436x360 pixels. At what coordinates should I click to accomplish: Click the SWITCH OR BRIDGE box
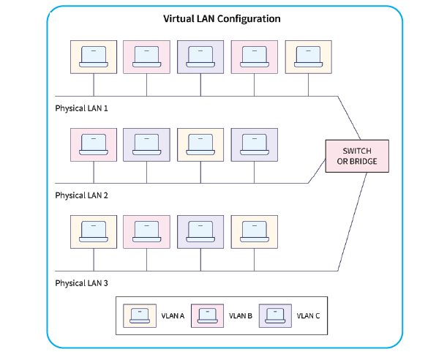(357, 156)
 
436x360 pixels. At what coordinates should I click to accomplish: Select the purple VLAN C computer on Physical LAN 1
(200, 57)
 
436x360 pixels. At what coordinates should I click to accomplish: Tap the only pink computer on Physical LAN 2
(94, 145)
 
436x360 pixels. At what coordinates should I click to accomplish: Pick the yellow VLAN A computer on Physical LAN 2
(200, 145)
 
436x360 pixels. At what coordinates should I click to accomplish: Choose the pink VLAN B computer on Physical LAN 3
(146, 232)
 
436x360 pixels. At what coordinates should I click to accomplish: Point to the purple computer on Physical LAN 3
(200, 232)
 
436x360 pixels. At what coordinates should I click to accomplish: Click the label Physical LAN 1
(81, 108)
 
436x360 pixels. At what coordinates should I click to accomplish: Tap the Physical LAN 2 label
(81, 195)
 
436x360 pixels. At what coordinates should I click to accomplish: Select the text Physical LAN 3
(81, 283)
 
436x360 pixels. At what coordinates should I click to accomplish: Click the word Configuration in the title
(249, 19)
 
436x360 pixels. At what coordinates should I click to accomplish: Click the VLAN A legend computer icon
(140, 316)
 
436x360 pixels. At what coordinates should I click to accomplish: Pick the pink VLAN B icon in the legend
(208, 316)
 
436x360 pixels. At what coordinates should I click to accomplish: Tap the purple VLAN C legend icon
(275, 316)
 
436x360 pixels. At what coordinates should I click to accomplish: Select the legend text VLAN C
(308, 316)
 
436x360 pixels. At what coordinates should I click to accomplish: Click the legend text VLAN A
(173, 316)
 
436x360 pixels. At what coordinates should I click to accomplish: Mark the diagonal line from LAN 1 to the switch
(349, 118)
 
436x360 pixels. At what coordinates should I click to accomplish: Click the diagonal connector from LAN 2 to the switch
(317, 171)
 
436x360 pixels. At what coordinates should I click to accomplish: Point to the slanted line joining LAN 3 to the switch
(353, 222)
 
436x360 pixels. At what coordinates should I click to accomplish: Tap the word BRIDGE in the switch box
(363, 162)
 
